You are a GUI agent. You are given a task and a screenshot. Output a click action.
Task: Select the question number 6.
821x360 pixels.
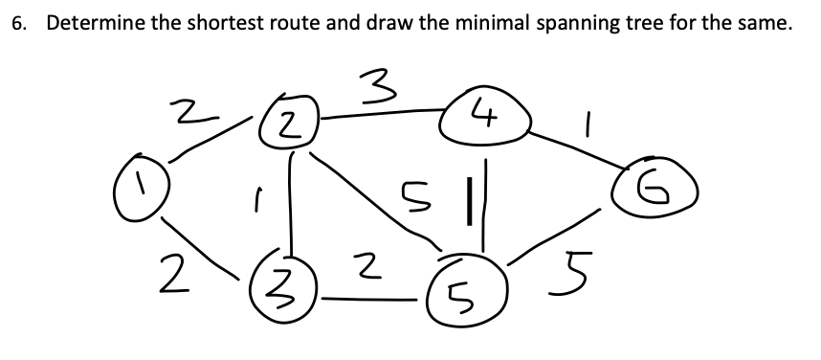click(x=17, y=25)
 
